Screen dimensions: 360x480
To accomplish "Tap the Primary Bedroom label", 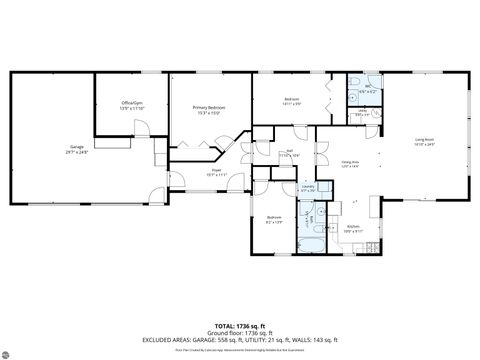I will coord(208,107).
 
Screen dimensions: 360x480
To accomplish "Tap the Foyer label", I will coord(216,170).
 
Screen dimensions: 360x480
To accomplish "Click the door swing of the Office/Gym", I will coord(142,129).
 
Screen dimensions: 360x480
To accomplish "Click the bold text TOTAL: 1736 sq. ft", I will coord(240,325).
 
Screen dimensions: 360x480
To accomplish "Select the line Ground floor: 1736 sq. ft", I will coord(240,332).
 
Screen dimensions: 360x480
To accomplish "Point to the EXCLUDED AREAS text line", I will coord(240,340).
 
